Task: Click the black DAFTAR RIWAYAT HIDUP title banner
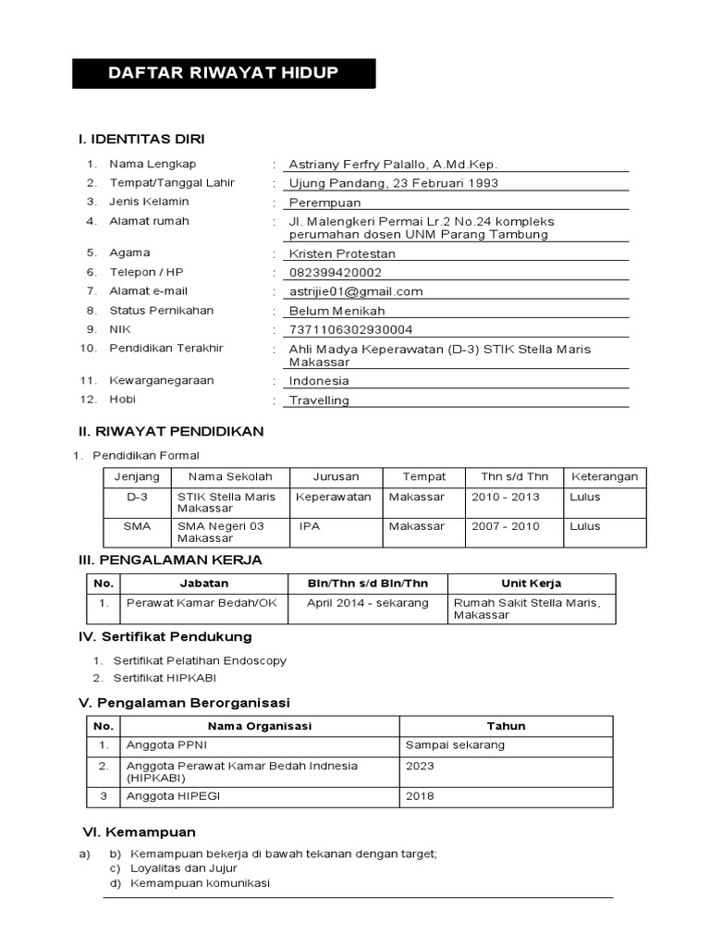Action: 224,73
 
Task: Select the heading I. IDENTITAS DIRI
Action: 141,139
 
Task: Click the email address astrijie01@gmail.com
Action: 356,291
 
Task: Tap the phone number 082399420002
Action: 335,273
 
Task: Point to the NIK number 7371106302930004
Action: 350,329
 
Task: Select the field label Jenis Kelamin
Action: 149,202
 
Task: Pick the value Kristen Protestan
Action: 342,253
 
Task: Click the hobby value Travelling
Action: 319,400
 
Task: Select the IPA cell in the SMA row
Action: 309,526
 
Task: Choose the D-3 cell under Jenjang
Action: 137,497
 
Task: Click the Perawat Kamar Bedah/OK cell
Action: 202,603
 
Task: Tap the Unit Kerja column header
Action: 531,584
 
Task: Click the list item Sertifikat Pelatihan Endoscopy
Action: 200,661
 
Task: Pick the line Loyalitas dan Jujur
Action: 184,868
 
